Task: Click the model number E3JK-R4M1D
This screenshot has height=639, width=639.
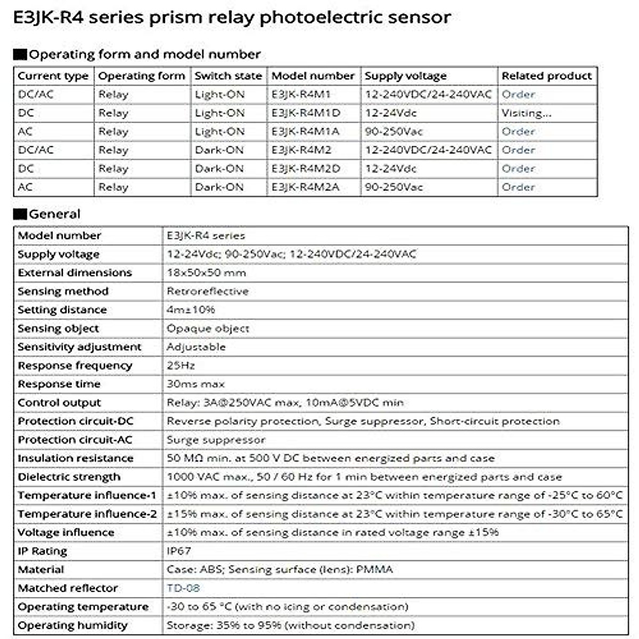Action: (x=306, y=113)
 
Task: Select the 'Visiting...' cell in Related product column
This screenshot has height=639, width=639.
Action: (x=526, y=113)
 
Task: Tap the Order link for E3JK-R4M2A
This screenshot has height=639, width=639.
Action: (x=518, y=187)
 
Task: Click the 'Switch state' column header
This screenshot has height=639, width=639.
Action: (x=228, y=76)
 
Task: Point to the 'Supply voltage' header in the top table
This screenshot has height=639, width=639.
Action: (x=406, y=76)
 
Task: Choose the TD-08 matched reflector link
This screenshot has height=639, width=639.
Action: (x=183, y=588)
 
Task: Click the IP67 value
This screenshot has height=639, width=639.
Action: (x=179, y=551)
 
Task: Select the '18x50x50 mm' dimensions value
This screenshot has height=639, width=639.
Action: (x=206, y=273)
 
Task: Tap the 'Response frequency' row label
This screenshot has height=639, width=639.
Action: (x=75, y=365)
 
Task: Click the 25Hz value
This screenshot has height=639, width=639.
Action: (x=181, y=365)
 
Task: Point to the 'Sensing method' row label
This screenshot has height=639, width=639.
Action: (x=63, y=291)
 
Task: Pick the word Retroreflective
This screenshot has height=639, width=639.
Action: (x=208, y=291)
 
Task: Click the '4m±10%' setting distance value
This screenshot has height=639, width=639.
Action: (x=191, y=309)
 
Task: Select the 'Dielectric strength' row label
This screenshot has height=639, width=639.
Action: (x=69, y=477)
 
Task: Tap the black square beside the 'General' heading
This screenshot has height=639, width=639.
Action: (x=20, y=214)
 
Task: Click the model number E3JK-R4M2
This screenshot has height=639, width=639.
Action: (x=301, y=150)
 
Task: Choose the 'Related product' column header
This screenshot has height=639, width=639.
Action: (x=546, y=76)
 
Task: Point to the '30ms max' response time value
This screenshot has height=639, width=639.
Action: (x=195, y=384)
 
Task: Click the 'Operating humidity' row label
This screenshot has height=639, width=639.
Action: (x=72, y=625)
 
